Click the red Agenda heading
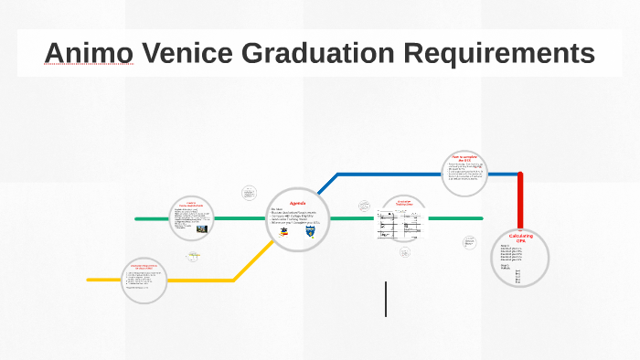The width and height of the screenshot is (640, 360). coord(298,202)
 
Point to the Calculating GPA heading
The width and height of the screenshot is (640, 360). coord(520,238)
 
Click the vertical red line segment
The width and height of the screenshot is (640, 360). coord(520,201)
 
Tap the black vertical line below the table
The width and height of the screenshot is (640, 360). coord(386,299)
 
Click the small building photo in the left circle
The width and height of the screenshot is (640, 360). coord(202,228)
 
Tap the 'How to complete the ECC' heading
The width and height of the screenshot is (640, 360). coord(465,158)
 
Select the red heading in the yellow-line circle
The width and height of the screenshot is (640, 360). coord(144,266)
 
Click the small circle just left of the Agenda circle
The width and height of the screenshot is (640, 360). coord(250,194)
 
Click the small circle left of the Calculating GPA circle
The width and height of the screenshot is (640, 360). coord(470,243)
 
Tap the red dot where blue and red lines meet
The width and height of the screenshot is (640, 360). coord(520,174)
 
